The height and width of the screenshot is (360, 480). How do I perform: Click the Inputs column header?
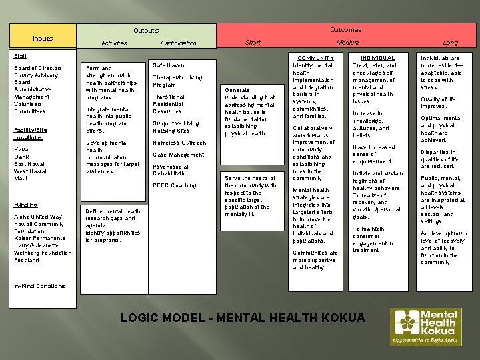coord(43,39)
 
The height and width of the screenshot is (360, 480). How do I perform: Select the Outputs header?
coord(146,31)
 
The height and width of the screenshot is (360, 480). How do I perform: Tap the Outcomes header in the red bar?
coord(346,30)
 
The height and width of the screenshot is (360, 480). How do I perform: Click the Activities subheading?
coord(114,43)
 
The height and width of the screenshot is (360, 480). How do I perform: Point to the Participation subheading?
coord(179,43)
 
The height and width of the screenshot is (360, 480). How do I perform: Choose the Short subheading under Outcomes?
coord(253,43)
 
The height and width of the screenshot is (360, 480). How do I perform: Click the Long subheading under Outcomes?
coord(451,43)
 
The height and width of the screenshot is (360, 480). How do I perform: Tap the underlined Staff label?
coord(21,57)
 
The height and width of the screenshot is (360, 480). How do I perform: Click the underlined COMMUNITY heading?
coord(316,59)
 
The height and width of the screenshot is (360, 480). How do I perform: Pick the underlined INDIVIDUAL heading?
coord(377,59)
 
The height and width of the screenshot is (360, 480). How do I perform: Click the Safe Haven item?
coord(168,65)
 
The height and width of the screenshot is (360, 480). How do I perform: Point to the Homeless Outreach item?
coord(179,143)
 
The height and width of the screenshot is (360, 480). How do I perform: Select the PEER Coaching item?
coord(175,185)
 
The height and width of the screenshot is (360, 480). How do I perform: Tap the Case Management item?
coord(178,155)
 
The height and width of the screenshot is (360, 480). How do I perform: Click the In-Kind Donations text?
coord(39,287)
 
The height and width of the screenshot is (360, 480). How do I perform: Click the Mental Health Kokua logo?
coord(425,327)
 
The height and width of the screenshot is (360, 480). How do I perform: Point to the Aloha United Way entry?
coord(38,217)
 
